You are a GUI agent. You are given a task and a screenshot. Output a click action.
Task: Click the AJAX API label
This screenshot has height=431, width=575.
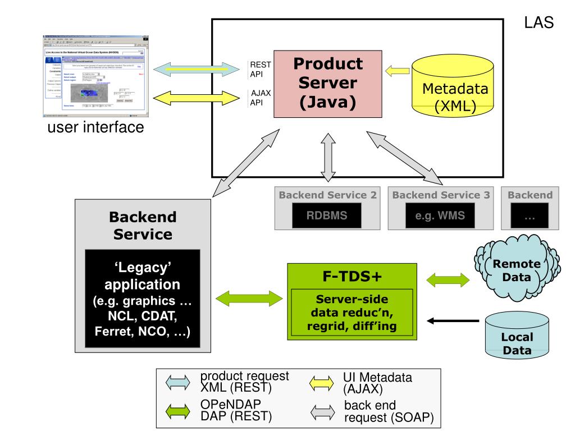(x=261, y=98)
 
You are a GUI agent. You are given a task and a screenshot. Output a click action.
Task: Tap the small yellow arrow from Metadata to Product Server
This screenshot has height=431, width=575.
(x=398, y=71)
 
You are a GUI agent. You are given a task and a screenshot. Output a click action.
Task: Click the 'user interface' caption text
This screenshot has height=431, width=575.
(x=96, y=128)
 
